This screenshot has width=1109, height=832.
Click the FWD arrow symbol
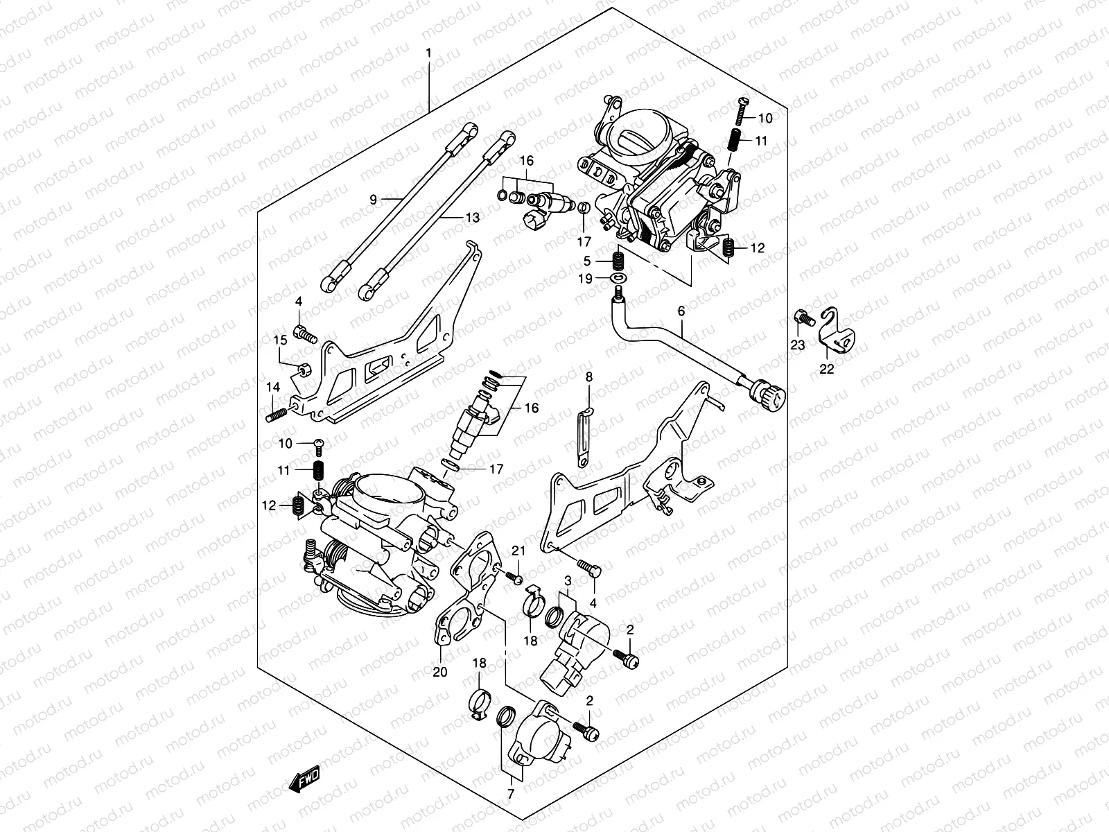coord(305,779)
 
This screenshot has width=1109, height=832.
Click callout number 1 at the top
coord(428,53)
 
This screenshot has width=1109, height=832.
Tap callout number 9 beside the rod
coord(374,200)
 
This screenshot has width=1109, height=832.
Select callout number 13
coord(473,218)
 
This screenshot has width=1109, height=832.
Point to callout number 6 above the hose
coord(681,311)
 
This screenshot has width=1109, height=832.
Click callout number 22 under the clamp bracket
coord(827,370)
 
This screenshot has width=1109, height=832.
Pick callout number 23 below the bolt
coord(797,345)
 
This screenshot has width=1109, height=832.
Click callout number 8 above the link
coord(588,377)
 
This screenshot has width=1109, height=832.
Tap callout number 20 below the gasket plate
coord(440,672)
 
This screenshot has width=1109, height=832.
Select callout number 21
coord(518,551)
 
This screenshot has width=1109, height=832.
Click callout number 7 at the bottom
coord(510,794)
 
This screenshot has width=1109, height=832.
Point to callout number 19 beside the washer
coord(585,279)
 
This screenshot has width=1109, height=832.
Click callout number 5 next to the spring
coord(586,261)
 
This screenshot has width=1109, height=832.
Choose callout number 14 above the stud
coord(273,388)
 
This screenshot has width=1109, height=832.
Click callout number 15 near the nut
coord(281,340)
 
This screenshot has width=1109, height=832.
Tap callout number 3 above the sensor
coord(568,581)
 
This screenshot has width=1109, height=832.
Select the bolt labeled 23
coord(803,318)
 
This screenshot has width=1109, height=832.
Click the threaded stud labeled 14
coord(277,416)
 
